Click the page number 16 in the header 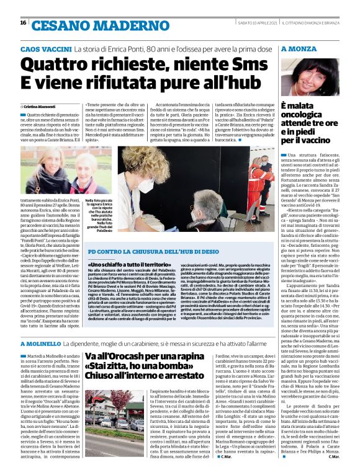pos(24,23)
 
